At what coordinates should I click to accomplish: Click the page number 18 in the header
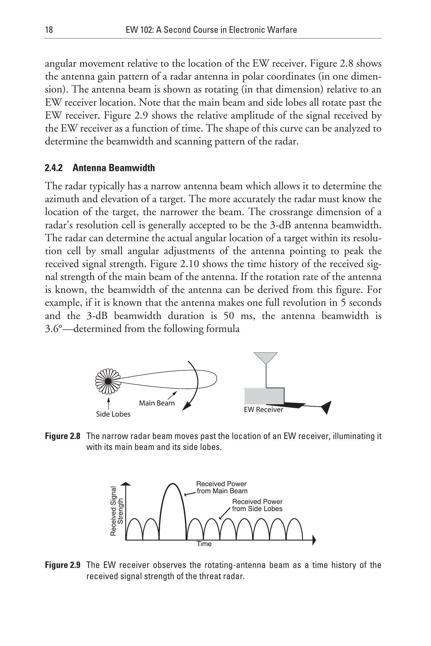pyautogui.click(x=49, y=30)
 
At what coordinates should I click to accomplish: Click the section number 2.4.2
pyautogui.click(x=54, y=168)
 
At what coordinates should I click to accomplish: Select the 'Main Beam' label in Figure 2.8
pyautogui.click(x=157, y=403)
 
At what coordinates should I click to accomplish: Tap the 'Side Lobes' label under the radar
pyautogui.click(x=113, y=414)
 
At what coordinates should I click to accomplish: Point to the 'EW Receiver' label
pyautogui.click(x=263, y=410)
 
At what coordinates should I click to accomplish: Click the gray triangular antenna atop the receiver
pyautogui.click(x=266, y=357)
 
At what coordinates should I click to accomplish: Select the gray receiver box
pyautogui.click(x=264, y=396)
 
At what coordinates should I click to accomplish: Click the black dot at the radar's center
pyautogui.click(x=108, y=381)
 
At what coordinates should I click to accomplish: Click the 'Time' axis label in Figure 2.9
pyautogui.click(x=204, y=544)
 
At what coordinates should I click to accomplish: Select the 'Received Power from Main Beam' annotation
pyautogui.click(x=222, y=488)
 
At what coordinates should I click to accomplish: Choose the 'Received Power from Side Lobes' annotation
pyautogui.click(x=257, y=505)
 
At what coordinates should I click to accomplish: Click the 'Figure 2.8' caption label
pyautogui.click(x=62, y=436)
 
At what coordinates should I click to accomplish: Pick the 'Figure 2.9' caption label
pyautogui.click(x=62, y=565)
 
